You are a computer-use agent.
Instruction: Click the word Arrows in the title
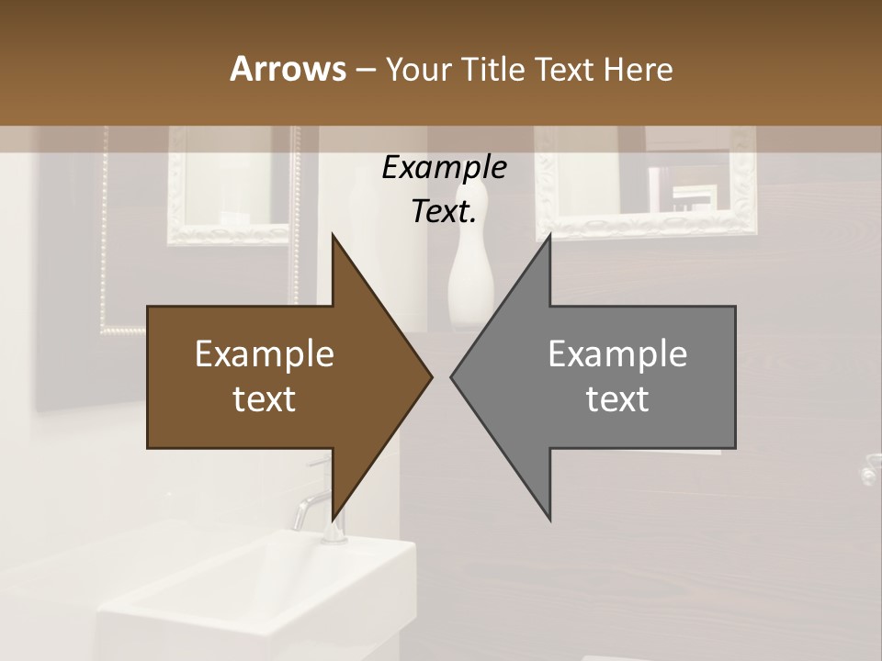tap(288, 69)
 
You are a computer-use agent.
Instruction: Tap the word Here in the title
tap(638, 69)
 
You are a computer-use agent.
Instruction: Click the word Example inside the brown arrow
tap(265, 354)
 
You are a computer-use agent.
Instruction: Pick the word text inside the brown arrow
tap(265, 399)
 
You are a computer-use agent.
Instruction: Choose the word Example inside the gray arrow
tap(617, 354)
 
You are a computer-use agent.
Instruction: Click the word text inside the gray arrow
tap(617, 399)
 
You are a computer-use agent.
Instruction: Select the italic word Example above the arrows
tap(444, 167)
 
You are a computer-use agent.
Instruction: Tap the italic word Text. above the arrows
tap(444, 211)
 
